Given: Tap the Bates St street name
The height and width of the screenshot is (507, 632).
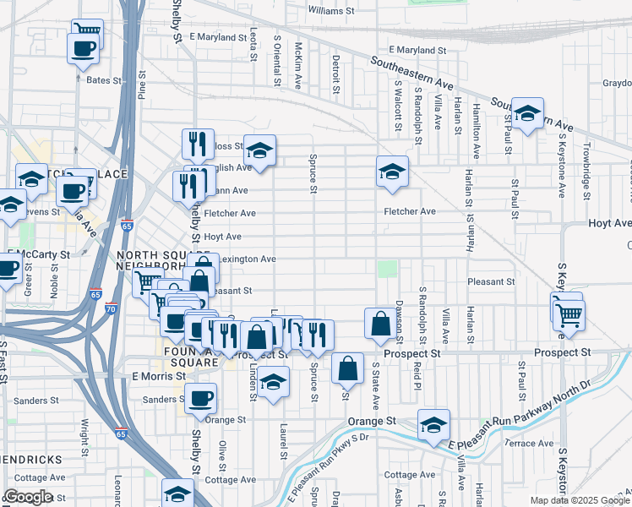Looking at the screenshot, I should pyautogui.click(x=105, y=81).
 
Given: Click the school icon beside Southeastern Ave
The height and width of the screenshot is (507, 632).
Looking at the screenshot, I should pyautogui.click(x=527, y=113).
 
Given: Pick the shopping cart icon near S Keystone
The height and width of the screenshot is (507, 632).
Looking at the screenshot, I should pyautogui.click(x=569, y=314).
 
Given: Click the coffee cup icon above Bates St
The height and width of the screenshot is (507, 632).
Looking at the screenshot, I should pyautogui.click(x=82, y=48).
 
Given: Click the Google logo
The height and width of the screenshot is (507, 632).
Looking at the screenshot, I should pyautogui.click(x=27, y=497).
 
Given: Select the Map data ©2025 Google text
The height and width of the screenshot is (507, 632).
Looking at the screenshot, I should pyautogui.click(x=580, y=500).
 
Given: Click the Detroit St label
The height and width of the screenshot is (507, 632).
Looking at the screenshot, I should pyautogui.click(x=335, y=74).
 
